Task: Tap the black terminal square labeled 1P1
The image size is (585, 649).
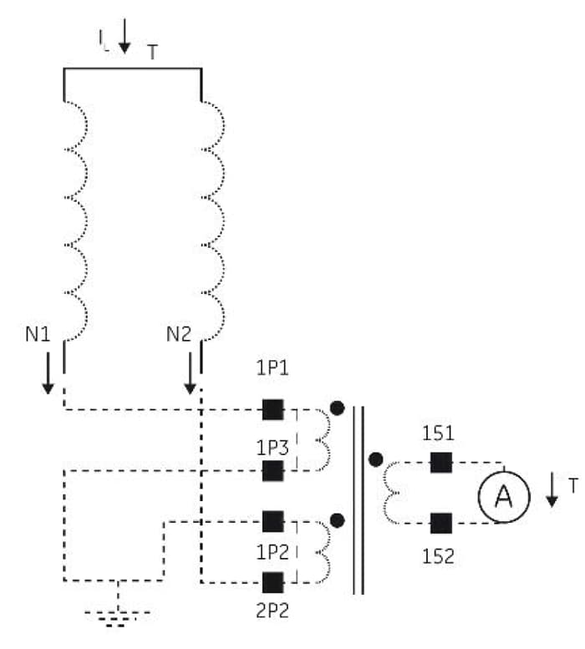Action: (x=272, y=410)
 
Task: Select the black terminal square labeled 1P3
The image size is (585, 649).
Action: (x=272, y=470)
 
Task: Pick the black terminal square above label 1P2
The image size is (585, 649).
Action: (x=272, y=521)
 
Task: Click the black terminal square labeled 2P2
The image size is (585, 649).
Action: (x=272, y=582)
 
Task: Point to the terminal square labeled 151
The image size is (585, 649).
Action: (x=441, y=463)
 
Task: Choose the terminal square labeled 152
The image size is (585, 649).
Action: (x=441, y=523)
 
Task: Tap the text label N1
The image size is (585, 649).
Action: (x=38, y=334)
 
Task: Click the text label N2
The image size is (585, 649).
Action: (x=179, y=334)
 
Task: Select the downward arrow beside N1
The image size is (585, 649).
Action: (x=48, y=373)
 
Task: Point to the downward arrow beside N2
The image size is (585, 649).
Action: (x=190, y=373)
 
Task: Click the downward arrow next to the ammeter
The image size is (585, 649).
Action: (x=552, y=489)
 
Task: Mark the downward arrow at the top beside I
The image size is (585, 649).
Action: (x=125, y=36)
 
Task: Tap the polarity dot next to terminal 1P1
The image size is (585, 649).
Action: (x=337, y=408)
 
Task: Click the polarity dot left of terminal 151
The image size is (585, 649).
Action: (x=375, y=459)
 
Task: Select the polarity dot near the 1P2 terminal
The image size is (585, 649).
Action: (x=338, y=520)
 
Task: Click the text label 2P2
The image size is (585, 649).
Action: (x=272, y=611)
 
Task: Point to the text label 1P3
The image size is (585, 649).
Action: (x=272, y=449)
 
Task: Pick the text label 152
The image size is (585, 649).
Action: (x=438, y=556)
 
